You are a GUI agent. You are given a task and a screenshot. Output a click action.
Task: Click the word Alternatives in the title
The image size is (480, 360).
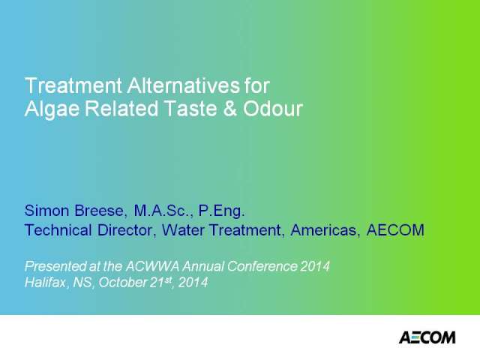click(183, 85)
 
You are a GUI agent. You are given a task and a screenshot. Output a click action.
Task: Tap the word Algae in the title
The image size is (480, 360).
click(52, 109)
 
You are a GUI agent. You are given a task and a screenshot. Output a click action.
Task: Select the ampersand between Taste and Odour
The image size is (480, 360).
click(230, 108)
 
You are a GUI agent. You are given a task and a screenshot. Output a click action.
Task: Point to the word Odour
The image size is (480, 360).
click(273, 108)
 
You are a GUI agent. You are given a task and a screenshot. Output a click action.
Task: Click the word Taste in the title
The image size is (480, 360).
click(190, 108)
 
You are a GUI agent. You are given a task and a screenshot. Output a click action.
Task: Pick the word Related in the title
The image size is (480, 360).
click(121, 108)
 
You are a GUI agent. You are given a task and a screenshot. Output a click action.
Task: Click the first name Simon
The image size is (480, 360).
click(46, 211)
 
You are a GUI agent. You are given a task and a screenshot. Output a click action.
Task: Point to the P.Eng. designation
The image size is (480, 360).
click(222, 211)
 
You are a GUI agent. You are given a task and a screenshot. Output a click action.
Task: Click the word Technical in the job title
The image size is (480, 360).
click(58, 230)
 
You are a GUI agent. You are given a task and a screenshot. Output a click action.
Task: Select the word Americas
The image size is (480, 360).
click(323, 230)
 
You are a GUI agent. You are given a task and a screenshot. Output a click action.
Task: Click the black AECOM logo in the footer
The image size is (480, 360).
click(427, 337)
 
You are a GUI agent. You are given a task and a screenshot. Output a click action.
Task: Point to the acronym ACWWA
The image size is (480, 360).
click(152, 266)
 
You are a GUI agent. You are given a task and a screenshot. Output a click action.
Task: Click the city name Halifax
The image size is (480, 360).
click(46, 283)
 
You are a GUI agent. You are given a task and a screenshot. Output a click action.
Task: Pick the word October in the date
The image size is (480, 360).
click(123, 282)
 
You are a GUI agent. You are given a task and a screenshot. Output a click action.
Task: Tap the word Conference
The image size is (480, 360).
click(262, 266)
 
